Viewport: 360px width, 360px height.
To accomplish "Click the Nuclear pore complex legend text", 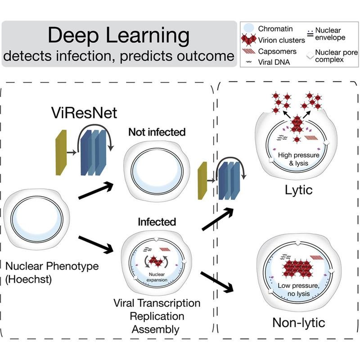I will click(x=336, y=56).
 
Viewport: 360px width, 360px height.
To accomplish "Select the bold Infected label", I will click(x=157, y=222).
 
